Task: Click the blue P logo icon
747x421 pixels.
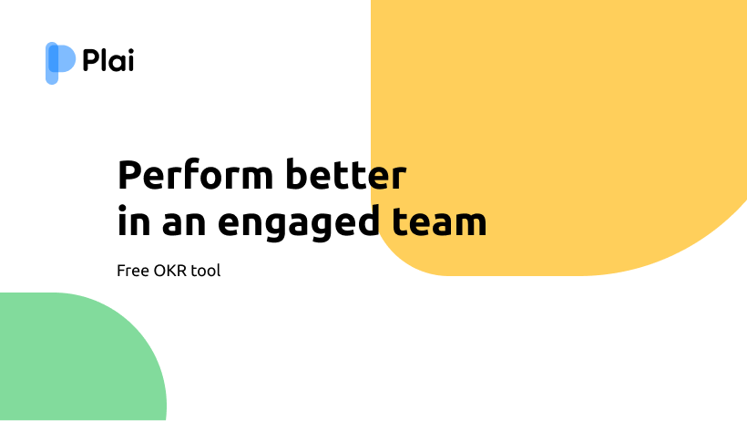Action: point(60,63)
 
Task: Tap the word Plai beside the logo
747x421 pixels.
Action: point(108,60)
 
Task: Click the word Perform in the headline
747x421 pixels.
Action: point(195,175)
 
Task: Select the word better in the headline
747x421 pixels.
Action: point(346,175)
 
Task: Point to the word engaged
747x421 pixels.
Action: point(299,222)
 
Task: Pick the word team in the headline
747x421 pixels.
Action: point(439,221)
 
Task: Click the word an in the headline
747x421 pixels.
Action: point(184,224)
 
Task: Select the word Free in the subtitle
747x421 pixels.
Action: point(133,271)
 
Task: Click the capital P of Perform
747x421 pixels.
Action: point(129,175)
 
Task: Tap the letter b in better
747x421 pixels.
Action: point(297,174)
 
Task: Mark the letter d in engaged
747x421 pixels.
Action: point(368,221)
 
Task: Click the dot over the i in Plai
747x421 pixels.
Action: point(130,50)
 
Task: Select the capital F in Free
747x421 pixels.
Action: point(121,271)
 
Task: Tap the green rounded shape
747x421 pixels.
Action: point(77,363)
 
